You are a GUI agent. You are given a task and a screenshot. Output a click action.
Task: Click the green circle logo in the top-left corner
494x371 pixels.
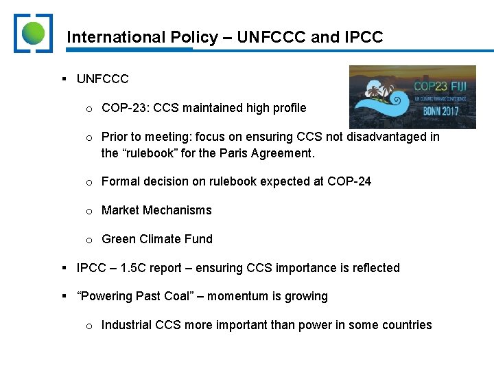33,32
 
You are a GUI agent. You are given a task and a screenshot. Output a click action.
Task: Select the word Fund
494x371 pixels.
199,239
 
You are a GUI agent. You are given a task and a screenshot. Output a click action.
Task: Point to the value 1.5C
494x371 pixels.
132,268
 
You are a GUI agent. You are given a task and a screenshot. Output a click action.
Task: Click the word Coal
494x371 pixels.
176,297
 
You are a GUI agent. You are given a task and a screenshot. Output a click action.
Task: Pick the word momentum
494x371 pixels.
235,297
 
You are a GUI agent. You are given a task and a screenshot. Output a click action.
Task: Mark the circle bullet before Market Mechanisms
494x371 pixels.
89,211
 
